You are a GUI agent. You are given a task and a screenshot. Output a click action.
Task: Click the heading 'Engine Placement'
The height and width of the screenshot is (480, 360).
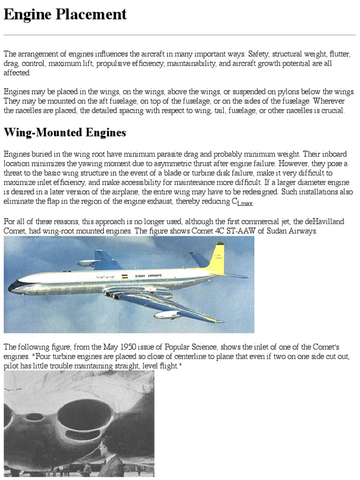(x=65, y=15)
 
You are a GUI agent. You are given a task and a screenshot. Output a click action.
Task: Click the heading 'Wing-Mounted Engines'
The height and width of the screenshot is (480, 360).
(x=65, y=133)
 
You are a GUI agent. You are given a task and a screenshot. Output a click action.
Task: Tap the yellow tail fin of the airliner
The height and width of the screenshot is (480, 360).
(x=217, y=258)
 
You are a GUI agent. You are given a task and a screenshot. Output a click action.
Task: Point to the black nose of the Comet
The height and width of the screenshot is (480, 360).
(x=12, y=287)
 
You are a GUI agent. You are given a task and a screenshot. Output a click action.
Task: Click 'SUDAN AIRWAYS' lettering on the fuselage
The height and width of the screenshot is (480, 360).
(x=148, y=276)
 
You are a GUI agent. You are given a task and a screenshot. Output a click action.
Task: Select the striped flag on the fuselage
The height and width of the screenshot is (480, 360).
(x=125, y=277)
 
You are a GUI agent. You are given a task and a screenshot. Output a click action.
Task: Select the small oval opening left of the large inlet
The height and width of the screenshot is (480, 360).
(x=34, y=417)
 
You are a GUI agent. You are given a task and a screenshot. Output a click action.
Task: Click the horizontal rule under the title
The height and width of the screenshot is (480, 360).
(x=180, y=35)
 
